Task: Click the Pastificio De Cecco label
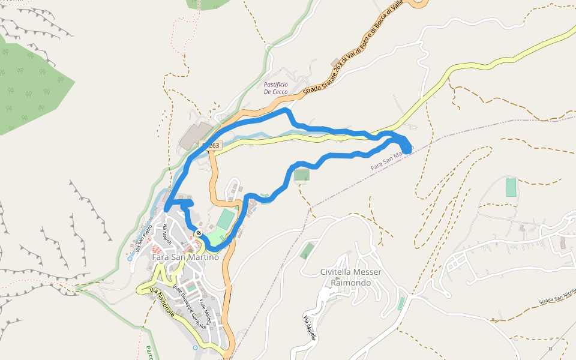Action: (x=275, y=88)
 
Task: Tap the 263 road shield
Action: (x=211, y=145)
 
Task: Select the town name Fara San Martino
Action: (x=185, y=257)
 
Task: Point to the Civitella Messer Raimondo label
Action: (x=351, y=277)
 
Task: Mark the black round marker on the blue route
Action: (x=198, y=233)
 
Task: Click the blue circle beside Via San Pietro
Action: (x=130, y=259)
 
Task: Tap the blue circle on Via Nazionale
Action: (x=195, y=347)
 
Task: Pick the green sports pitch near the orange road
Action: (x=224, y=219)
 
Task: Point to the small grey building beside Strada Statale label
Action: (x=334, y=62)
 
